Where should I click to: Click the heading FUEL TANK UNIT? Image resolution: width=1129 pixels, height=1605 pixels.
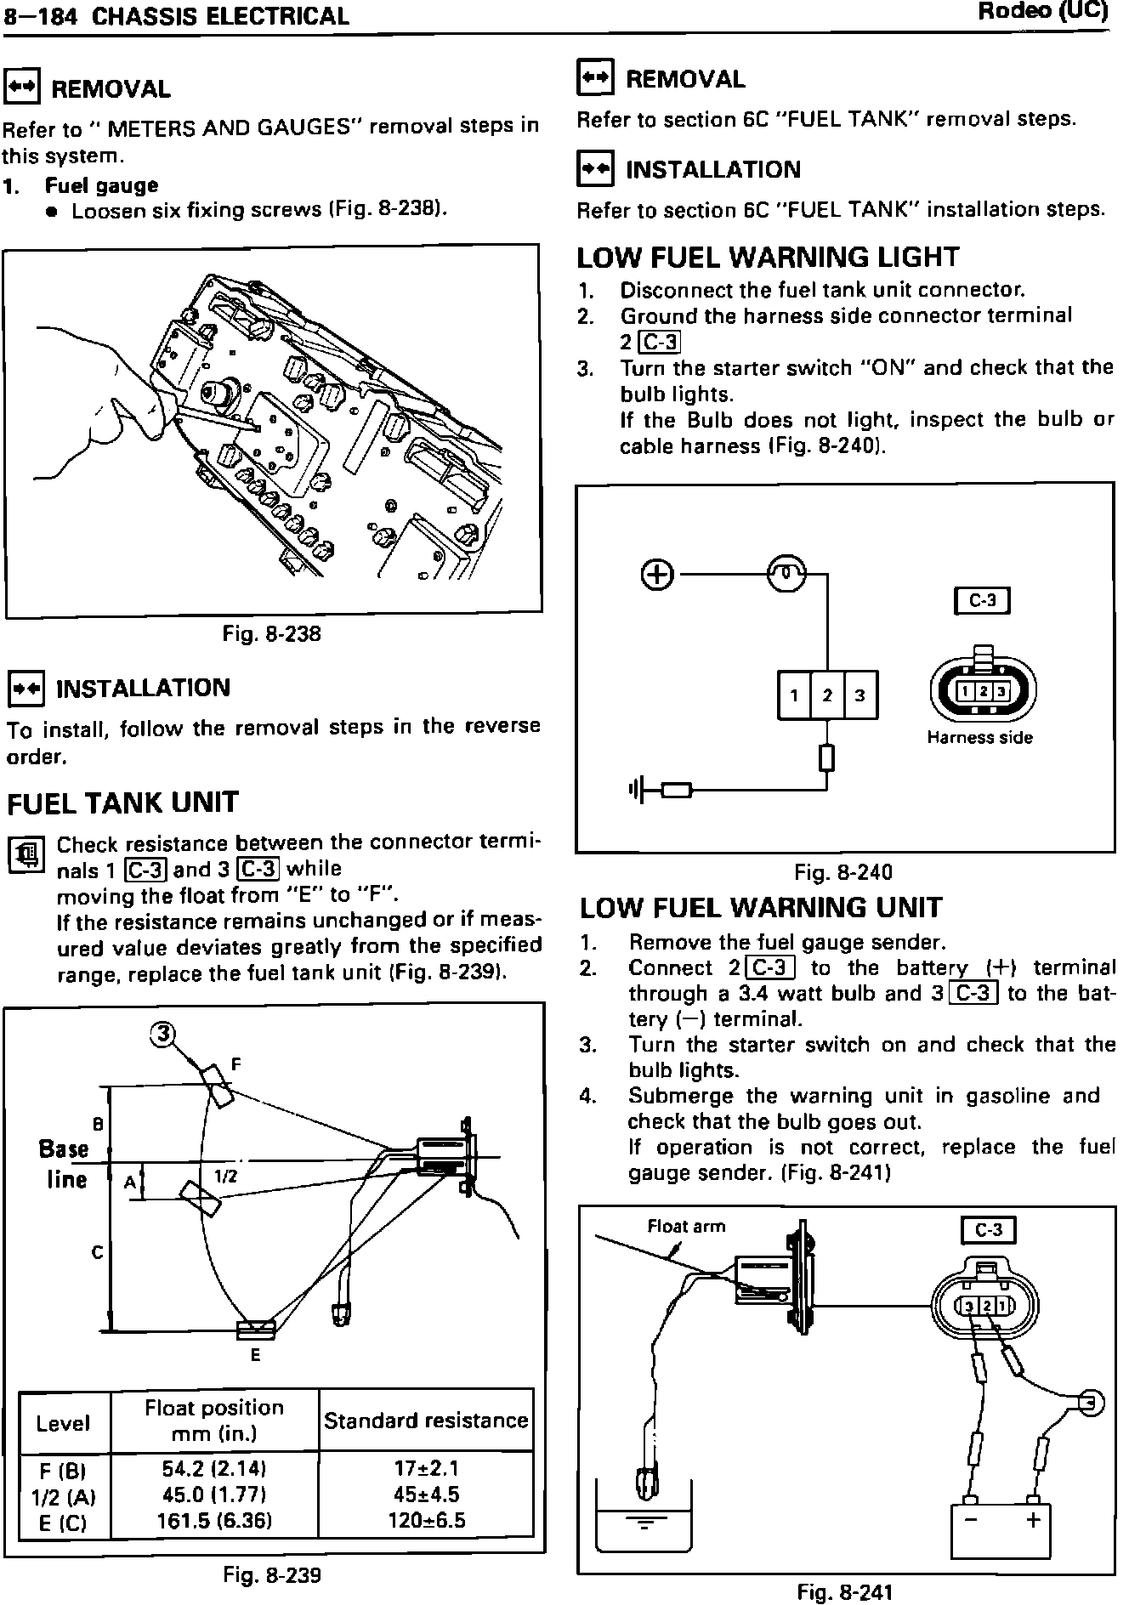(123, 802)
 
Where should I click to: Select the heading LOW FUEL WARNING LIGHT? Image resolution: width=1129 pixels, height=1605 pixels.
(768, 257)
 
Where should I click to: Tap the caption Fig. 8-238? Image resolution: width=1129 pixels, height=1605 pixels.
(272, 634)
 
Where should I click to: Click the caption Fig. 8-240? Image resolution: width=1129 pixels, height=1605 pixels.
(843, 871)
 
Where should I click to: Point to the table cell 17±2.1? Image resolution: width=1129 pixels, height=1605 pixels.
(426, 1468)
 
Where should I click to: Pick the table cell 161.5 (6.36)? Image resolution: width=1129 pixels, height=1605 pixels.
(214, 1521)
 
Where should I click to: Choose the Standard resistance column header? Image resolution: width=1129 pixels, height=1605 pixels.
(426, 1421)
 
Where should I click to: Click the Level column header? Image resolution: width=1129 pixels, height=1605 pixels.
(63, 1423)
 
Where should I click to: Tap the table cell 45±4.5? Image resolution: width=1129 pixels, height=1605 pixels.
(426, 1494)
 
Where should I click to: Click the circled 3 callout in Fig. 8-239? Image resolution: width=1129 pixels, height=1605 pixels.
(162, 1034)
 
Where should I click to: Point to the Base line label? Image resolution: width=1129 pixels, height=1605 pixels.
(65, 1164)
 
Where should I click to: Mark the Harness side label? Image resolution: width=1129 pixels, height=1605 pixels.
(979, 738)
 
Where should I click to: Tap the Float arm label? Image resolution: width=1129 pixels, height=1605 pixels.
(687, 1226)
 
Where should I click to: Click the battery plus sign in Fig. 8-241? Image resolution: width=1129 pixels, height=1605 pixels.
(1034, 1519)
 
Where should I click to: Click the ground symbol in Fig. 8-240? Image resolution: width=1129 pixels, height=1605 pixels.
(633, 790)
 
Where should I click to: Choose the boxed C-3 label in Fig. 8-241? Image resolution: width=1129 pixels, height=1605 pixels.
(989, 1230)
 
